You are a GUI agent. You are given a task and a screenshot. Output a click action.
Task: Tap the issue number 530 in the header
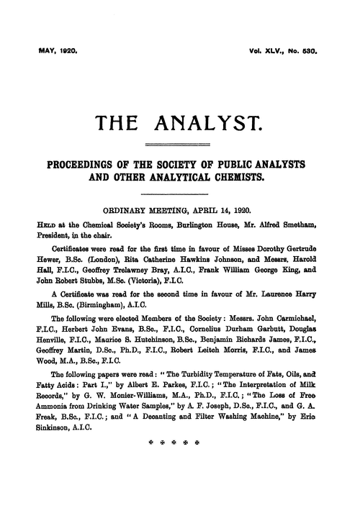319,51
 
